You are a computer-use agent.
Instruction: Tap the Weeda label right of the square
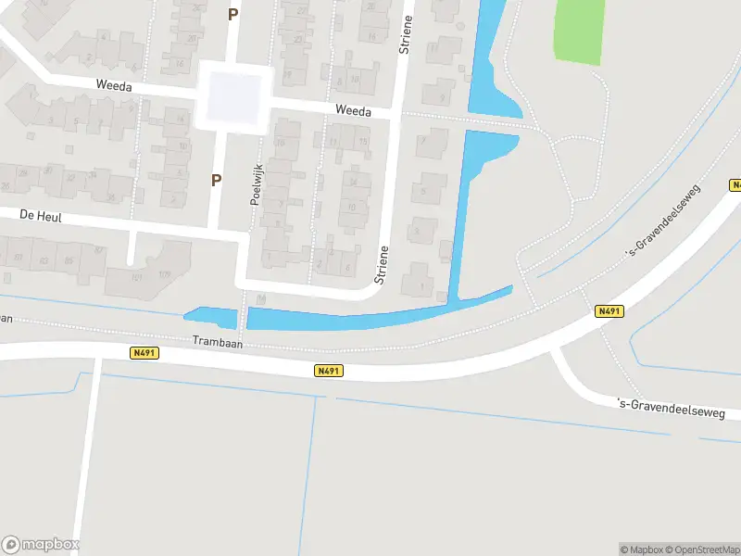point(353,111)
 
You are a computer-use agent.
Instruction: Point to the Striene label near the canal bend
point(380,264)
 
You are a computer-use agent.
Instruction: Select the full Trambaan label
point(217,341)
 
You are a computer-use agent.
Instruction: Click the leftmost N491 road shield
point(144,352)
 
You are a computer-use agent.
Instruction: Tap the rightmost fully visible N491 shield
point(608,311)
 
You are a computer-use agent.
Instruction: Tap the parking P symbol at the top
point(232,14)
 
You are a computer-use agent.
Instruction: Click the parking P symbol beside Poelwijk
point(217,181)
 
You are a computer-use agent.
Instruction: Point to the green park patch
point(579,31)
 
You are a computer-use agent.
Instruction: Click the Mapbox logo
point(41,545)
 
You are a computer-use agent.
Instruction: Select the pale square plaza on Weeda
point(233,97)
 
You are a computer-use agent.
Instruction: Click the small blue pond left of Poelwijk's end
point(212,317)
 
